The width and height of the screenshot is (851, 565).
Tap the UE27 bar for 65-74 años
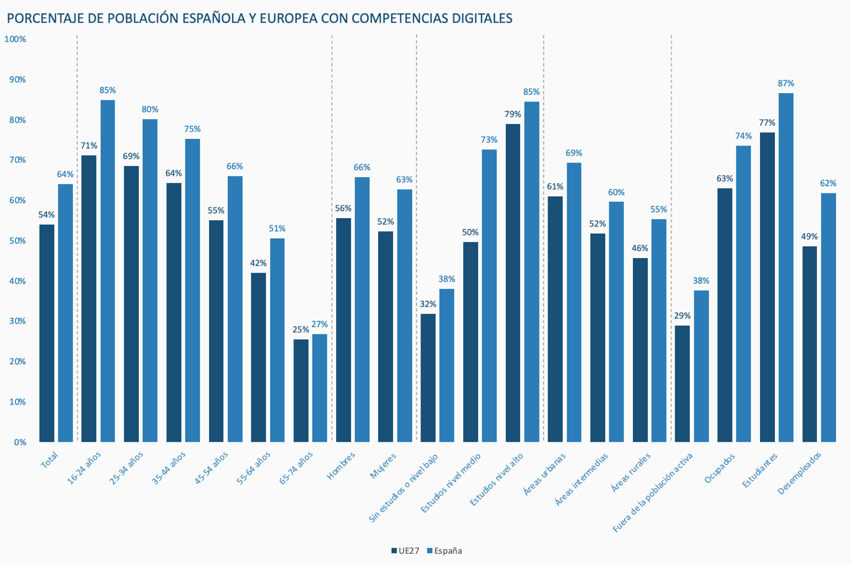[x=301, y=391]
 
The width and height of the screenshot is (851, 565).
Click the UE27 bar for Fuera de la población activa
[x=682, y=383]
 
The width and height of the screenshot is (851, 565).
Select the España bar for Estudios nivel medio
[x=489, y=296]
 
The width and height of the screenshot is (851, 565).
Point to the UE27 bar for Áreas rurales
[x=640, y=350]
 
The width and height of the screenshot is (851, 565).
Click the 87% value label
[x=786, y=83]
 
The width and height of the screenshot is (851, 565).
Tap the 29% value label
[x=682, y=315]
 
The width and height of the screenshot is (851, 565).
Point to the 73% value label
[x=489, y=140]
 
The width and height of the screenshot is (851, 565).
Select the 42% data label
[x=258, y=263]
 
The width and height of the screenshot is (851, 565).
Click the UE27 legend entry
[x=406, y=551]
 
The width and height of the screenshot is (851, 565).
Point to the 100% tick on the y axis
[x=15, y=39]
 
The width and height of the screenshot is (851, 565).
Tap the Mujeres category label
[x=382, y=464]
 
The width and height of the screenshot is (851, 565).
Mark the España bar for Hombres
[x=362, y=309]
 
